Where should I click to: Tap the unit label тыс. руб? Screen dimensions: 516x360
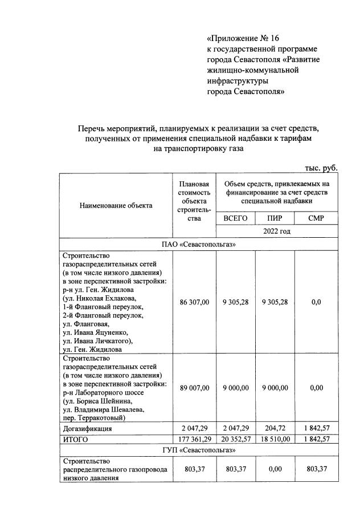click(x=321, y=168)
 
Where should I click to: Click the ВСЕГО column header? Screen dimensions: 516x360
click(x=235, y=218)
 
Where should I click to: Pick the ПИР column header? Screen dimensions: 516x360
click(x=275, y=218)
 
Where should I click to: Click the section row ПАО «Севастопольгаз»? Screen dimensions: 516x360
click(x=199, y=244)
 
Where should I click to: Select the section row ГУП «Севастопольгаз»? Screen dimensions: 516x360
click(x=199, y=450)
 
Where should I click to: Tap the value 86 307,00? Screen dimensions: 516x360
click(x=194, y=302)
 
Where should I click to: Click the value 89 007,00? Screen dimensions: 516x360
click(x=194, y=388)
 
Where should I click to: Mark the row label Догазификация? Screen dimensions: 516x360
click(x=87, y=428)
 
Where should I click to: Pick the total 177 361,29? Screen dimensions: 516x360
click(x=194, y=439)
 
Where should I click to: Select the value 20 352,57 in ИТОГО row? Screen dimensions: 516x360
click(x=235, y=439)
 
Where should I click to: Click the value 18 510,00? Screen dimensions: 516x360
click(x=275, y=439)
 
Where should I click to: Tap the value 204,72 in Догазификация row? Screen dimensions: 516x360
click(x=275, y=428)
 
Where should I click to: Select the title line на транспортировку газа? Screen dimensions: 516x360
click(x=198, y=149)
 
